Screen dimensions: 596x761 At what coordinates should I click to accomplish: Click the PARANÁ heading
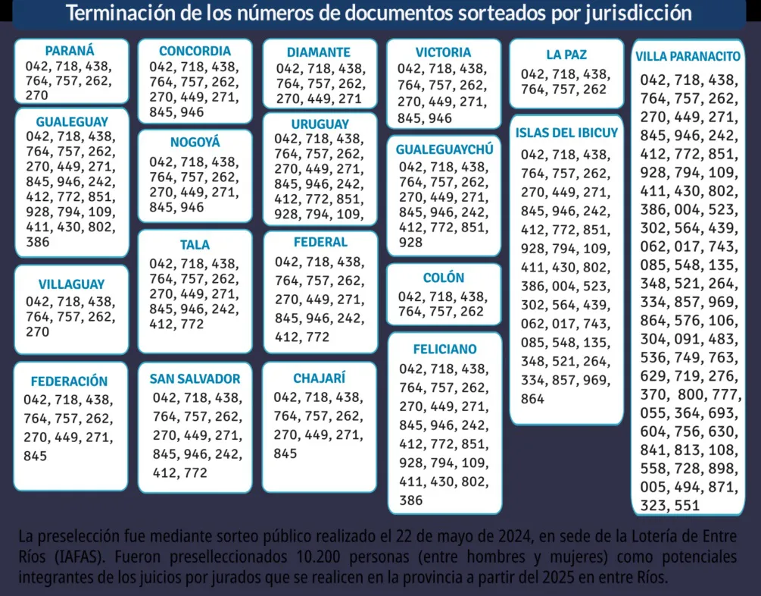click(70, 51)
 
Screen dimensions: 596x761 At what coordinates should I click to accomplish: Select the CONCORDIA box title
click(195, 52)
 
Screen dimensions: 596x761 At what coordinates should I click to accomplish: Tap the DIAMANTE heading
click(319, 52)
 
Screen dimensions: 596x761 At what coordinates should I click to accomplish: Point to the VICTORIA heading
click(443, 52)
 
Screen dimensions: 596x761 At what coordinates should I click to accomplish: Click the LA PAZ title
click(566, 55)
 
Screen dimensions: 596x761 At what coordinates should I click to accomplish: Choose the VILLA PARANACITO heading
click(688, 57)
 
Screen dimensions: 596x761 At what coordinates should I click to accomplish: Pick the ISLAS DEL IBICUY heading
click(566, 133)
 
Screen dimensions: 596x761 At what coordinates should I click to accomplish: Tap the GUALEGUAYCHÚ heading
click(444, 149)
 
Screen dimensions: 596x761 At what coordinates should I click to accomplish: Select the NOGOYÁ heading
click(195, 142)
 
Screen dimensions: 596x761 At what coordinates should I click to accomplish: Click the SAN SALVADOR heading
click(195, 378)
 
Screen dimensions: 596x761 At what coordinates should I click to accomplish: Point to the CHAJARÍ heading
click(319, 378)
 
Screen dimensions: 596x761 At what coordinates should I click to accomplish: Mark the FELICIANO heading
click(444, 350)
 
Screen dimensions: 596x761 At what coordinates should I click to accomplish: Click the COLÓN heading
click(444, 278)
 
